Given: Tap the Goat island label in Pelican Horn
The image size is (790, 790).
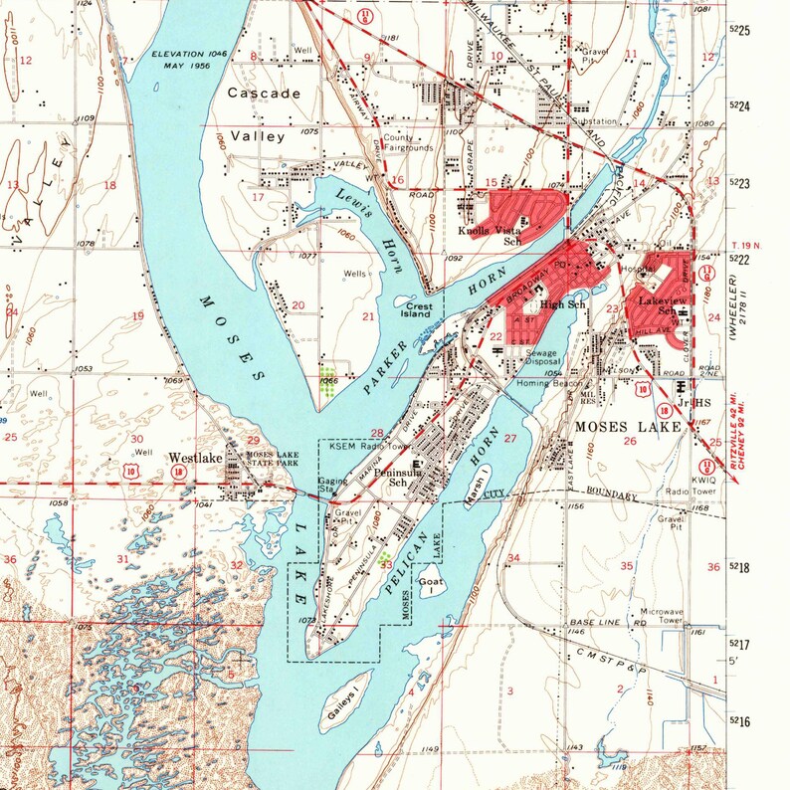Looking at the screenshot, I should tap(430, 578).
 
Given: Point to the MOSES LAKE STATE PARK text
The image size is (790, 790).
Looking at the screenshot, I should tap(271, 459).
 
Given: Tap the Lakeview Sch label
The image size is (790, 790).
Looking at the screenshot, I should tap(659, 303).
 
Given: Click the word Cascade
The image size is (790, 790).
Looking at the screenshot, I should tap(263, 93).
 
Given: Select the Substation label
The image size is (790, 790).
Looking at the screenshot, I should tap(567, 121).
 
